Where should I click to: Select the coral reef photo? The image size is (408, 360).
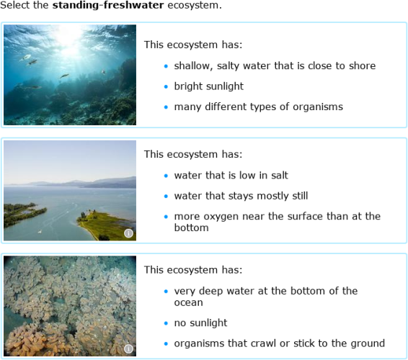point(70,75)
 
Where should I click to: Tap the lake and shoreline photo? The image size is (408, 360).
point(70,190)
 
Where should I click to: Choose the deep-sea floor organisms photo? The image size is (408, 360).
point(70,305)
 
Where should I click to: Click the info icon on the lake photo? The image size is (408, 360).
point(128,233)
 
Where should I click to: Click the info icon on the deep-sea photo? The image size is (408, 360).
point(128,348)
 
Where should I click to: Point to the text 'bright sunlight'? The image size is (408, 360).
point(208,86)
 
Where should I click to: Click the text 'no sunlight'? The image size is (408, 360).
point(200,323)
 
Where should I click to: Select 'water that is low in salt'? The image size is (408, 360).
point(231,175)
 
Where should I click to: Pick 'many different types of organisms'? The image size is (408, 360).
point(258,107)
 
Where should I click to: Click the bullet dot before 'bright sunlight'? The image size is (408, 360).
point(165,86)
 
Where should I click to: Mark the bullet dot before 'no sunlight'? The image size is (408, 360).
point(165,323)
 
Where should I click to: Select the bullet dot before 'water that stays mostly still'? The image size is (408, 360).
point(165,196)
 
